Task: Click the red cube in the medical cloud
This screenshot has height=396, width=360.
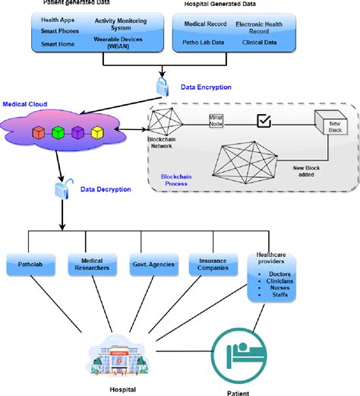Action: point(38,133)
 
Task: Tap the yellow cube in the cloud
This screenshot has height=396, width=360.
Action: point(97,133)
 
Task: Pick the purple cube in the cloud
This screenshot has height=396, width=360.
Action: point(77,133)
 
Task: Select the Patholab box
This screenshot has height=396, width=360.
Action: point(33,265)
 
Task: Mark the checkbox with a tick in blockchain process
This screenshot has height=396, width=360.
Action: point(264,121)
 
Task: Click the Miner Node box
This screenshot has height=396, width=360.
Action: point(219,122)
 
